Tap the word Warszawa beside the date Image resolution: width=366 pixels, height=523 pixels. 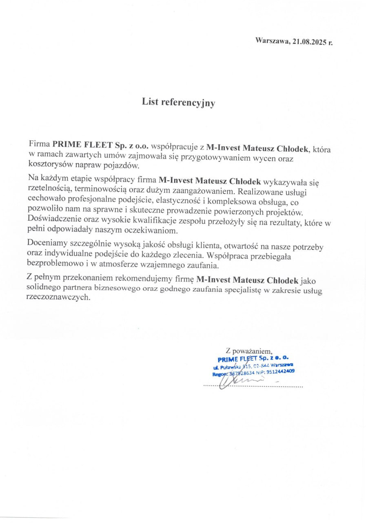(x=272, y=40)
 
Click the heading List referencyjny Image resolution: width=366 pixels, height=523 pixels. (x=178, y=103)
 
